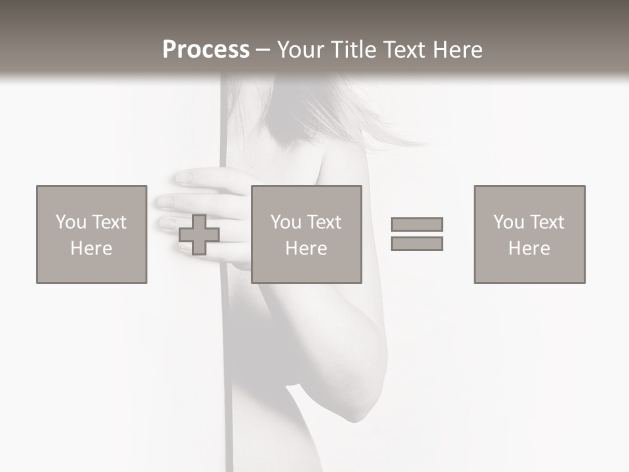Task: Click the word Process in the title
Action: pos(206,50)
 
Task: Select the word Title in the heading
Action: pos(351,50)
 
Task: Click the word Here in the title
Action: pos(453,50)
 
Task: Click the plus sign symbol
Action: pos(199,235)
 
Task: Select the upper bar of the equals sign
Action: pos(417,224)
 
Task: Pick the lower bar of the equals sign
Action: pos(417,244)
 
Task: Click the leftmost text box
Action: pos(91,234)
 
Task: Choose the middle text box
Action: pos(306,234)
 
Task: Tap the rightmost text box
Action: pos(529,234)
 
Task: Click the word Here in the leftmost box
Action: pos(91,248)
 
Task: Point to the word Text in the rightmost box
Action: pos(546,222)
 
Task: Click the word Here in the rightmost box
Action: pos(529,248)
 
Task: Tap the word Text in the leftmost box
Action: pos(109,222)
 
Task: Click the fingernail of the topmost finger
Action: pos(183,178)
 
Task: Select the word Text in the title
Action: pos(401,50)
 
